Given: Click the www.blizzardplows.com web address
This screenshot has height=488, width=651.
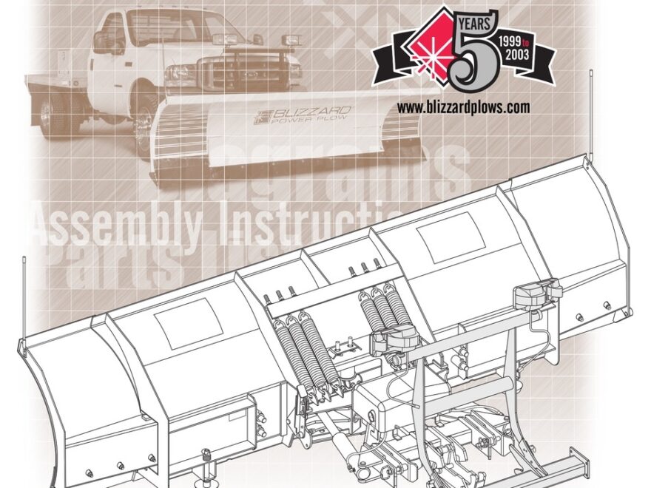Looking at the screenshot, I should pyautogui.click(x=463, y=107).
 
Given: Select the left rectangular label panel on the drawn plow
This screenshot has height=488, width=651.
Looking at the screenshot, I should pyautogui.click(x=189, y=324).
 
